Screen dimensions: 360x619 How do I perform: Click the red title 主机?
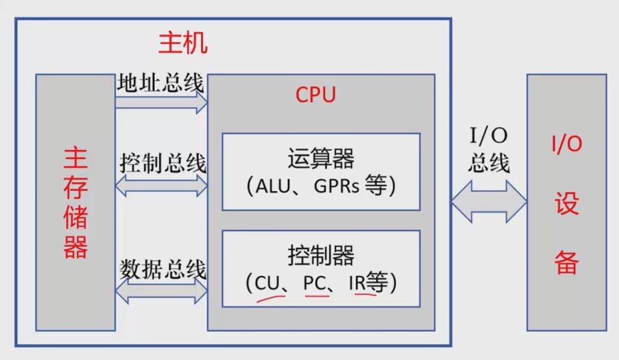183,43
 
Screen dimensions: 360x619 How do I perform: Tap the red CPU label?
315,94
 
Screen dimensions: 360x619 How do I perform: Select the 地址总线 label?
160,83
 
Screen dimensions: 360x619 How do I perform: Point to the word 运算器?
321,160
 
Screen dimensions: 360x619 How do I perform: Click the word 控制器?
321,255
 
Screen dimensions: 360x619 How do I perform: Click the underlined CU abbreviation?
266,283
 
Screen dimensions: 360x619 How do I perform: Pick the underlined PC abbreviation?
315,283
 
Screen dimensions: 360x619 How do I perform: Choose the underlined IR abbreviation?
357,283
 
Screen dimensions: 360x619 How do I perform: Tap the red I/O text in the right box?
566,144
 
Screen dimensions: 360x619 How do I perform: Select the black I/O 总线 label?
488,150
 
